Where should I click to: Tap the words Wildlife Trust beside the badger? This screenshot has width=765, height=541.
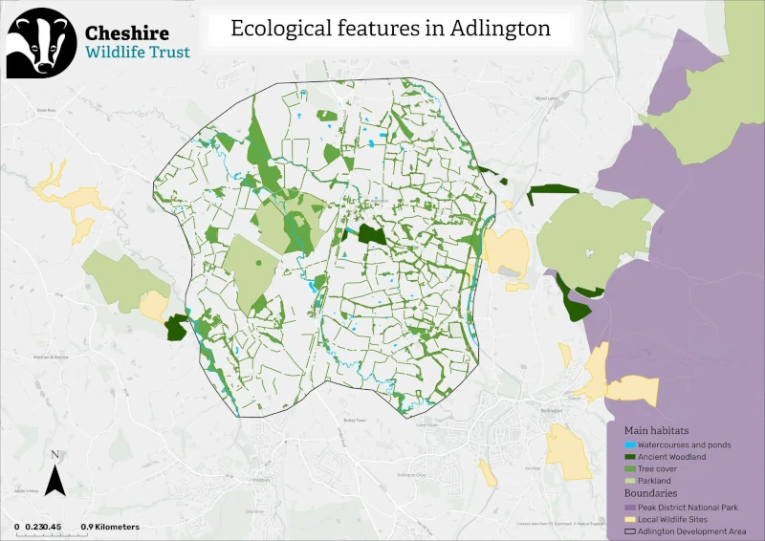(x=137, y=53)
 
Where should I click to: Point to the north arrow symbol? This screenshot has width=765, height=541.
(x=55, y=473)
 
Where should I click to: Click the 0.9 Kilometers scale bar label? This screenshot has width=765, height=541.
(x=110, y=527)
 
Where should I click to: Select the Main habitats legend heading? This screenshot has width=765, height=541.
(x=656, y=431)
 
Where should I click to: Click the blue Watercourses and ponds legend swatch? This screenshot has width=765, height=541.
(x=629, y=445)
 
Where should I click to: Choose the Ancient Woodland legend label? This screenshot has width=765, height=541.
(x=672, y=457)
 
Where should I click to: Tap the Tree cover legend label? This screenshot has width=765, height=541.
(x=660, y=469)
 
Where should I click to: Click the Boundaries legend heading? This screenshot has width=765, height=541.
(x=651, y=493)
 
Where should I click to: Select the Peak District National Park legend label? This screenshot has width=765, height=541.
(x=688, y=507)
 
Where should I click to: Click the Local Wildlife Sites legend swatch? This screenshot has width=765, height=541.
(x=629, y=518)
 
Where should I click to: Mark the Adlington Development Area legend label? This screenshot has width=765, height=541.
(x=692, y=530)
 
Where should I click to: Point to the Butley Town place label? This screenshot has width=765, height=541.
(x=355, y=420)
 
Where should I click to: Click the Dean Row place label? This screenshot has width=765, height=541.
(x=46, y=110)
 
